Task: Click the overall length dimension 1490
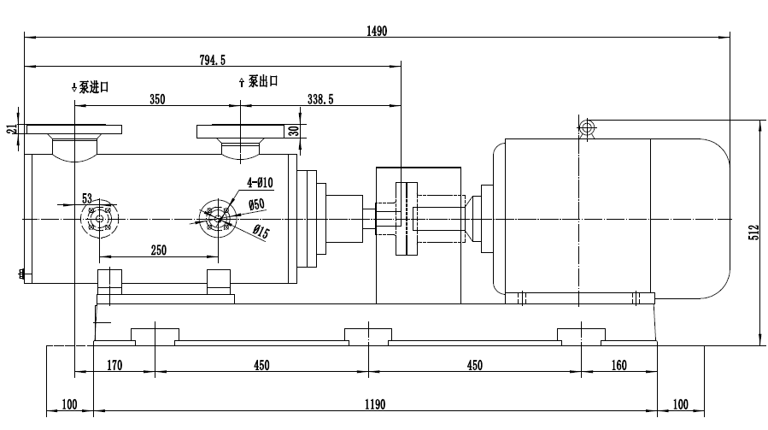tap(377, 31)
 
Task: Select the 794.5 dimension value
tap(211, 60)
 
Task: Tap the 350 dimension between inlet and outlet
tap(156, 99)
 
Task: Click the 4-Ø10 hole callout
tap(259, 182)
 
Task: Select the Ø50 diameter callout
tap(256, 203)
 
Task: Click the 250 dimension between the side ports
tap(158, 250)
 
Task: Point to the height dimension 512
tap(753, 233)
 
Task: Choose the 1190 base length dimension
tap(375, 404)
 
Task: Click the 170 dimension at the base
tap(115, 366)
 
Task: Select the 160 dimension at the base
tap(619, 366)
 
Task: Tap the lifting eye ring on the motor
tap(587, 128)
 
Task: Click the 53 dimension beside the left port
tap(86, 198)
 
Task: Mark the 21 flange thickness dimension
tap(12, 128)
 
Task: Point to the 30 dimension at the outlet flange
tap(293, 130)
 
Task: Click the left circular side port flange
tap(100, 219)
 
